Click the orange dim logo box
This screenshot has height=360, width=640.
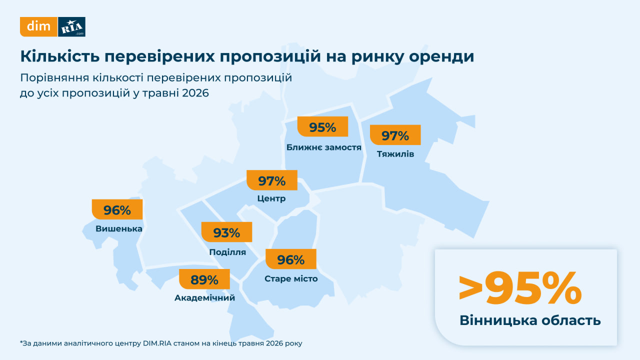point(38,27)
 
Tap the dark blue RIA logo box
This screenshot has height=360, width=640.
point(71,27)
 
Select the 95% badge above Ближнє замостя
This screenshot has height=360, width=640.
point(322,126)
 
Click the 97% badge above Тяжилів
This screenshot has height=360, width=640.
point(395,135)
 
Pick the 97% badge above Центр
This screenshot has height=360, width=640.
point(271,180)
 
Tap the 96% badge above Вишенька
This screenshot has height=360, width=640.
point(117,209)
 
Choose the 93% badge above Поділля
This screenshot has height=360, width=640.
point(226,232)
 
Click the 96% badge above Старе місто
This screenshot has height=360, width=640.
point(291,259)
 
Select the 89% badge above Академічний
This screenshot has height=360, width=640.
point(204,279)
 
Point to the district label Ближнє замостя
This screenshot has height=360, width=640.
point(324,147)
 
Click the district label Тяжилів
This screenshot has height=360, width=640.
point(395,154)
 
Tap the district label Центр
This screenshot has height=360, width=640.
point(271,198)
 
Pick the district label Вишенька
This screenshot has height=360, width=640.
point(119,228)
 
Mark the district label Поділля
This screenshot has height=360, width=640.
point(227,252)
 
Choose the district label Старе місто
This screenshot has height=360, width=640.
point(291,278)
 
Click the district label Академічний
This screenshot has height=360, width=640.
point(205,297)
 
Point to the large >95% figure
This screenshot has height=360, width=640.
point(520,288)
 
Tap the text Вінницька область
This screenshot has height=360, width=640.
point(530,320)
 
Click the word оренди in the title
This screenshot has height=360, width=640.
point(441,56)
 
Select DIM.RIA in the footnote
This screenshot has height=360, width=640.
point(157,343)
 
